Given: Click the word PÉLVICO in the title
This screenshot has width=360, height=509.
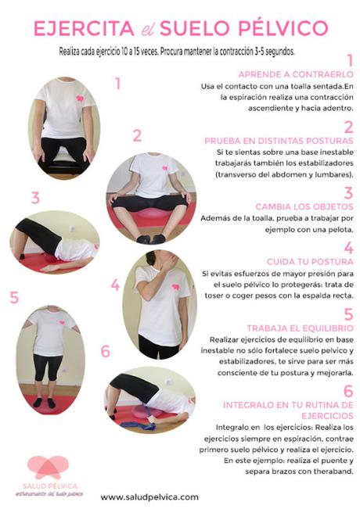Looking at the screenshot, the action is pos(283,28).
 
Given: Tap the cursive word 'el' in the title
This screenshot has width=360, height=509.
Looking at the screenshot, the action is pos(147,30).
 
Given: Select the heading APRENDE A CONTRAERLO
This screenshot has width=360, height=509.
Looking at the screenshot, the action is pos(296,74).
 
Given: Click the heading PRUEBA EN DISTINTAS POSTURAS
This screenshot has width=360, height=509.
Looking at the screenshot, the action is pos(279,141).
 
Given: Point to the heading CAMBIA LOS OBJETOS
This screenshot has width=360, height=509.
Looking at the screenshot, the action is pos(304,206).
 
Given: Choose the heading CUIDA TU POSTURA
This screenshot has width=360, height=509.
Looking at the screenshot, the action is pos(310,262).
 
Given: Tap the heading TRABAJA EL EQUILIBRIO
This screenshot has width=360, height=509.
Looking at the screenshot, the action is pos(301,328).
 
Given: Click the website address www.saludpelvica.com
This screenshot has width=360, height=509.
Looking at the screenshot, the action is pos(149,497).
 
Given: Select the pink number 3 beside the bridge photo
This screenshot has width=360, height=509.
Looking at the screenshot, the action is pos(35,198).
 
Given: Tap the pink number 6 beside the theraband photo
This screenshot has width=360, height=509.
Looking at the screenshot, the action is pos(106,351).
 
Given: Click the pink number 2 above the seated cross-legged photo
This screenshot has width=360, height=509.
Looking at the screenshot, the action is pos(138,136).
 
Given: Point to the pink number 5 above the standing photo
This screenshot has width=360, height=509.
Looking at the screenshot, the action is pos(14,297).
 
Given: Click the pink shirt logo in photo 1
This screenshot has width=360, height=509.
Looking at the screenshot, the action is pos(80,98).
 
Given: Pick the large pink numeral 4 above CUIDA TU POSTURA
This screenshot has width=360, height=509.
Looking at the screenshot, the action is pos(348,248).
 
